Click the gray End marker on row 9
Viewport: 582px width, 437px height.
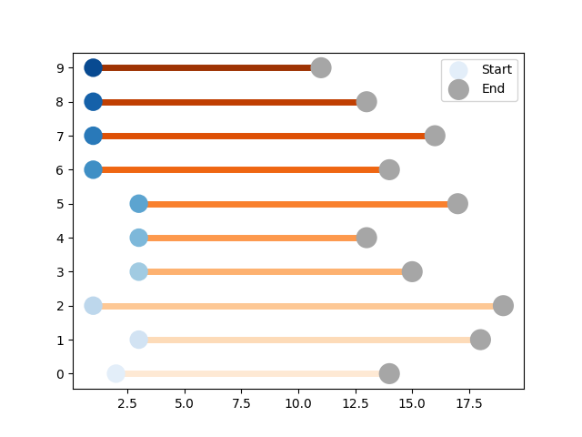[x=321, y=68]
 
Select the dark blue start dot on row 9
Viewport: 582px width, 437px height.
[x=93, y=68]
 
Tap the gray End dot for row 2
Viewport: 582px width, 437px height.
[x=503, y=306]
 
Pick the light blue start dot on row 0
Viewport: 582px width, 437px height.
[x=115, y=373]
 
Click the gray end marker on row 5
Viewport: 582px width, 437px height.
[x=457, y=204]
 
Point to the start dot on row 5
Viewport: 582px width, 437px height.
[x=139, y=204]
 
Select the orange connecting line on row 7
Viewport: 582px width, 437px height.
[x=264, y=136]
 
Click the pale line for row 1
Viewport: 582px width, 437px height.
[x=309, y=340]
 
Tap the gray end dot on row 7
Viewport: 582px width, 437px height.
[x=435, y=136]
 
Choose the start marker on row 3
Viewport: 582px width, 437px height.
[x=139, y=271]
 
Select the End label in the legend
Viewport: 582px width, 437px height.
[x=493, y=88]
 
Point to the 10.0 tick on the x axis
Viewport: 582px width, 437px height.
[x=298, y=403]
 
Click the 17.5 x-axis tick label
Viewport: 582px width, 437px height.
[x=469, y=403]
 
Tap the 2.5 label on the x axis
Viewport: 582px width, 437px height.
[x=127, y=403]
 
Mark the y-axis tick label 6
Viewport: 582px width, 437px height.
[x=60, y=170]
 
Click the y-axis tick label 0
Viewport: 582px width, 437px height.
[x=60, y=374]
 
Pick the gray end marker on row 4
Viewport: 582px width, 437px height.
[x=366, y=238]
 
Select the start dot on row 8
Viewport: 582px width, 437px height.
[x=93, y=102]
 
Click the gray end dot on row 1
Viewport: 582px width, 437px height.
[x=481, y=340]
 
